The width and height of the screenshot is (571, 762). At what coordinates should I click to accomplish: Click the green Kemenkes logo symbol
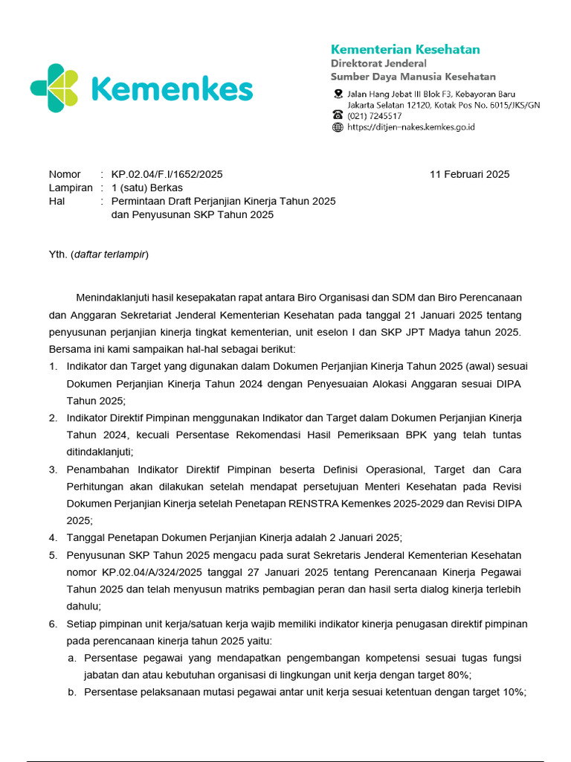(54, 89)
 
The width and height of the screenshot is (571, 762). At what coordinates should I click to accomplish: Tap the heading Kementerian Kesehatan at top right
(405, 49)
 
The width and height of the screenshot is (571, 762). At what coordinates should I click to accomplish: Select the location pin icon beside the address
(338, 94)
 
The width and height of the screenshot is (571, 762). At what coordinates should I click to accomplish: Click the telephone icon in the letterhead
(338, 115)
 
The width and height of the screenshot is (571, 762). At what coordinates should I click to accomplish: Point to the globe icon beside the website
(338, 127)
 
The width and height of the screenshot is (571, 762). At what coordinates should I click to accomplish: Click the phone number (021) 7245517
(375, 116)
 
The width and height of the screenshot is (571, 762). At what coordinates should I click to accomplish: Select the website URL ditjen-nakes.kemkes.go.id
(410, 127)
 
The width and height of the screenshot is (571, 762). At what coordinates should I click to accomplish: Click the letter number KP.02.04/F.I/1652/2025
(167, 174)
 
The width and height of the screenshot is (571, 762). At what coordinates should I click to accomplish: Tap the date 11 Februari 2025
(469, 174)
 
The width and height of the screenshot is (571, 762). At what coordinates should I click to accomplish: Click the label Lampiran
(71, 188)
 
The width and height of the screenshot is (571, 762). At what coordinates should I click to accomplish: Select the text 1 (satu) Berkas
(146, 188)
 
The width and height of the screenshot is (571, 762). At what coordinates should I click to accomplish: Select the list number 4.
(53, 537)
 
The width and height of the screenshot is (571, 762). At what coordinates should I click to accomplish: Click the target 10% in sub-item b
(513, 692)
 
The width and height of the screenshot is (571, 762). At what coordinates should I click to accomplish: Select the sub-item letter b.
(71, 692)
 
